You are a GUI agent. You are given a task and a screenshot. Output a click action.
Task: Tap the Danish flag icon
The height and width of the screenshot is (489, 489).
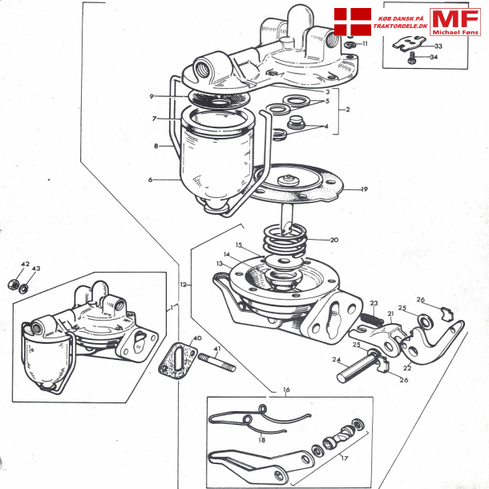(x=350, y=22)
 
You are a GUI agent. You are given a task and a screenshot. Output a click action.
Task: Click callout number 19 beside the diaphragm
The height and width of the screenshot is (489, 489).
(x=364, y=190)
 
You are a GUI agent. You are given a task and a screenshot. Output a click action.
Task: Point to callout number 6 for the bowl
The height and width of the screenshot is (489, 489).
(x=149, y=180)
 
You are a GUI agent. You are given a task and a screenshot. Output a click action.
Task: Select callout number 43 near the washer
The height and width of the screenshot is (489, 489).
(x=35, y=269)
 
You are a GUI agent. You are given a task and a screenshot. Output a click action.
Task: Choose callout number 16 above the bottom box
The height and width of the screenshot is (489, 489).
(x=286, y=390)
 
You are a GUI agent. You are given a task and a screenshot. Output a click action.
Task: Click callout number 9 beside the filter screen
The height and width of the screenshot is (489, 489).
(x=151, y=96)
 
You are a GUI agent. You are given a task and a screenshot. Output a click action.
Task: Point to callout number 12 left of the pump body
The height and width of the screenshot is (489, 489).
(x=183, y=284)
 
